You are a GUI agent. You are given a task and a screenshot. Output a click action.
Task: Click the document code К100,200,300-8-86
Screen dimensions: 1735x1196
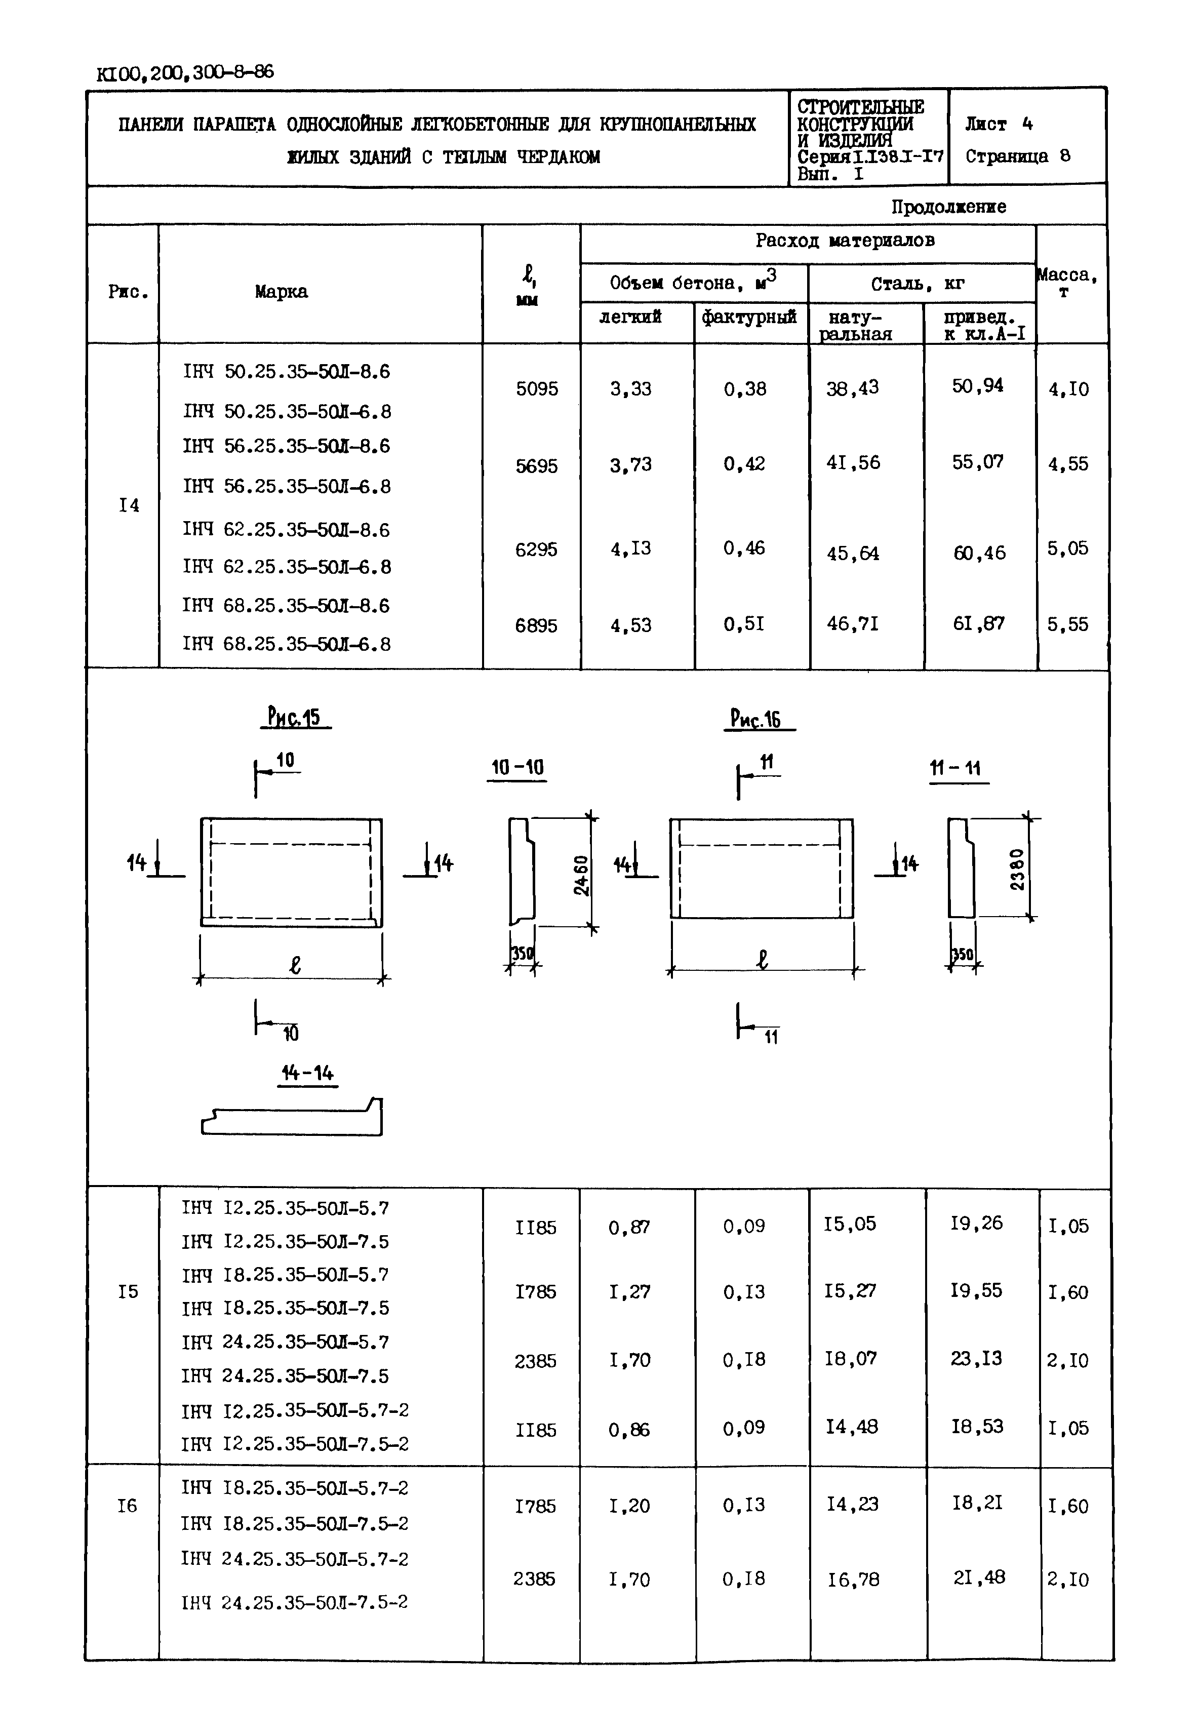click(x=185, y=73)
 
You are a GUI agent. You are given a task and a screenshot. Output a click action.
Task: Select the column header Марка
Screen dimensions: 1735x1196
click(x=281, y=292)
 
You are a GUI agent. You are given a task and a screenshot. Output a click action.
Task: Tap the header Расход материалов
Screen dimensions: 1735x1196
click(x=845, y=241)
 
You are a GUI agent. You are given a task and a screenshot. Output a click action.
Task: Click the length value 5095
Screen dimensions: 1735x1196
click(x=537, y=389)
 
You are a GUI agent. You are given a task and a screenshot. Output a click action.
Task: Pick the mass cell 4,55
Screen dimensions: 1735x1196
click(x=1068, y=464)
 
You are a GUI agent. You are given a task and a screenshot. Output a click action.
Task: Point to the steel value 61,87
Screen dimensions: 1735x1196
click(x=978, y=623)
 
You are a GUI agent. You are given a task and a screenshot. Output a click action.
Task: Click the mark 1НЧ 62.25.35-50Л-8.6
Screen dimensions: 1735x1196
click(x=286, y=530)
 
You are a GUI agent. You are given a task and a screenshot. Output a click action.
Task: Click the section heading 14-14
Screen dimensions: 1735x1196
click(x=307, y=1073)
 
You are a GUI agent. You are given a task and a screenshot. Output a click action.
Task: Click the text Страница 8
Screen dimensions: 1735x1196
click(x=1018, y=156)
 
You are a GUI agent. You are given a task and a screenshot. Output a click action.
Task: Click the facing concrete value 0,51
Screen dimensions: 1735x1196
click(x=744, y=623)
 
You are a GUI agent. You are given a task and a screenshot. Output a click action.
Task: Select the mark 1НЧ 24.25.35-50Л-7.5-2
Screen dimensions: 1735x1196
click(x=295, y=1602)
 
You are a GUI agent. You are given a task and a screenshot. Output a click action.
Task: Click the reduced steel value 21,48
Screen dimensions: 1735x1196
click(x=978, y=1578)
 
